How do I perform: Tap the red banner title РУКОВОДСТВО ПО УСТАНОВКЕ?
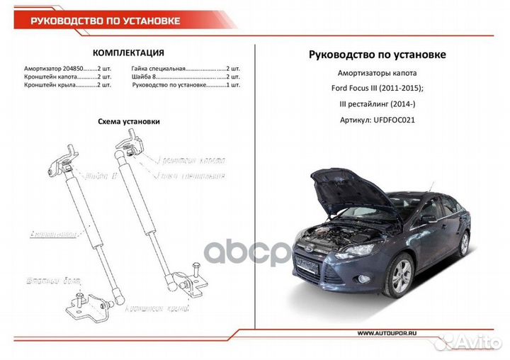[105, 20]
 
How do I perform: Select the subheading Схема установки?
[128, 121]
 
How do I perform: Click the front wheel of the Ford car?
[401, 274]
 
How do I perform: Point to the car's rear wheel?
[464, 244]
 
